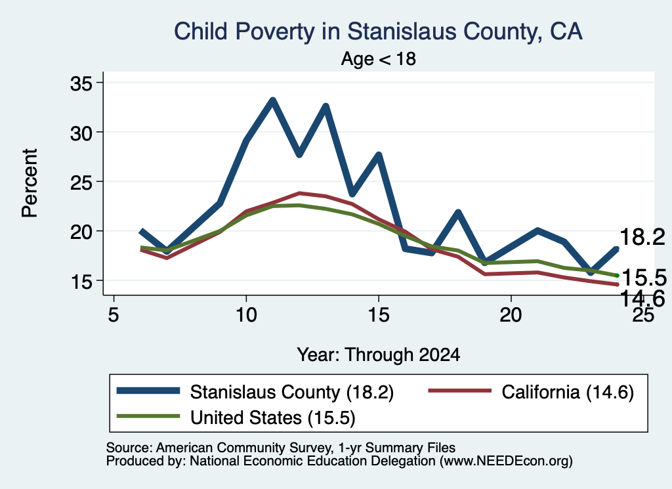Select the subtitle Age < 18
[379, 58]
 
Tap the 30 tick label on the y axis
[81, 133]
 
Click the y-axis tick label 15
[81, 281]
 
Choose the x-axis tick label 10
[246, 315]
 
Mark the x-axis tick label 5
[113, 315]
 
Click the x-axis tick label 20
[511, 315]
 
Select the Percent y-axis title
[30, 183]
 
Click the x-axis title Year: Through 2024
[379, 355]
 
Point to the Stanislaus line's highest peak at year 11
[272, 100]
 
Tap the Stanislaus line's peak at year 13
[325, 106]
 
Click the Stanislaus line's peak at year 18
[458, 213]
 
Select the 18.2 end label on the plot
[642, 237]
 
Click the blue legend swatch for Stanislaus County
[148, 391]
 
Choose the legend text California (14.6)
[568, 392]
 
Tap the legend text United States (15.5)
[272, 417]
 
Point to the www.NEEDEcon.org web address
[506, 461]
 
